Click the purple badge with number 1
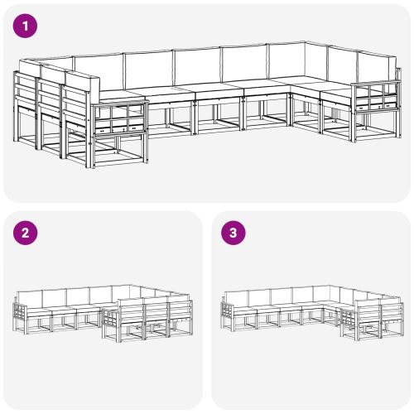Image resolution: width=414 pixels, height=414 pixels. tap(27, 26)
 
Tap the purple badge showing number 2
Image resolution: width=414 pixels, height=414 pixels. tap(27, 233)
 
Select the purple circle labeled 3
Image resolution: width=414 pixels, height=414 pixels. tap(234, 233)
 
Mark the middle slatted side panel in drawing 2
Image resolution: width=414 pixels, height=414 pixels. tap(155, 313)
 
